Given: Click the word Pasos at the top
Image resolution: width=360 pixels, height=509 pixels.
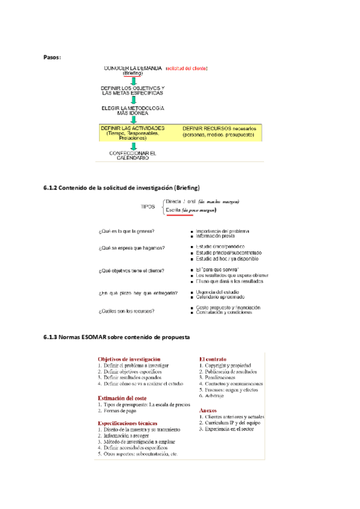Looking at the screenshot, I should coord(52,57).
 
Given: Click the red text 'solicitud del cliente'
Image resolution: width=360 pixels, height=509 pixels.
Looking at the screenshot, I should coord(187,68).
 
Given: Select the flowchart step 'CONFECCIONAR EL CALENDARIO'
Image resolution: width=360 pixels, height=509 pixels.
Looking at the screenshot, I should coord(133,155).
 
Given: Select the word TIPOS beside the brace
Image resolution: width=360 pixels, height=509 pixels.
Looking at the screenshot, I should coord(148,206).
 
